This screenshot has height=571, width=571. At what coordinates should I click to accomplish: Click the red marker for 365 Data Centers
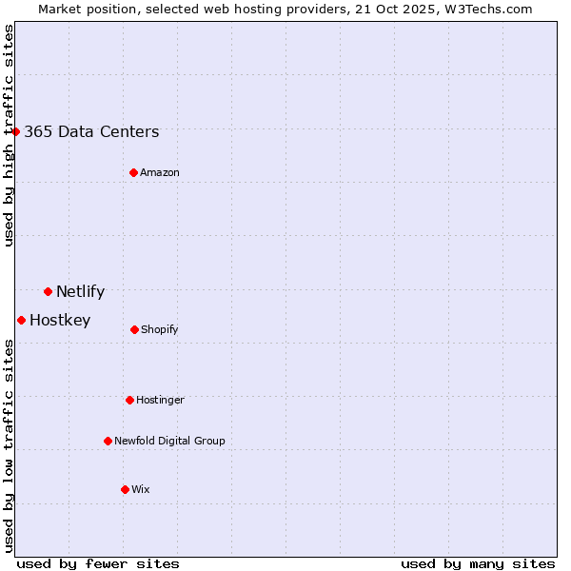click(x=16, y=131)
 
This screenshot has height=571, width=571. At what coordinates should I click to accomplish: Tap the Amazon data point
click(x=133, y=172)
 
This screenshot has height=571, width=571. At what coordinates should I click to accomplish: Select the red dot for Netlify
click(x=48, y=291)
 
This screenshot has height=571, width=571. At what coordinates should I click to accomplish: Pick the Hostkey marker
click(x=21, y=320)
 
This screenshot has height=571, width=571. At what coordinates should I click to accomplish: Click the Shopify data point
click(x=134, y=329)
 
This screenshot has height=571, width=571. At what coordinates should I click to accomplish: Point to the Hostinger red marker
click(x=129, y=400)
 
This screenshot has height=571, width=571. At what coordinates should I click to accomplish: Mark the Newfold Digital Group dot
click(x=108, y=441)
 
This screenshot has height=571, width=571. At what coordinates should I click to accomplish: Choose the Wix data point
click(x=125, y=489)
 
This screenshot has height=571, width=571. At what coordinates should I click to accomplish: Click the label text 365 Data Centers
click(x=91, y=132)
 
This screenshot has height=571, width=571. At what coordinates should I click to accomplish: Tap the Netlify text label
click(x=80, y=292)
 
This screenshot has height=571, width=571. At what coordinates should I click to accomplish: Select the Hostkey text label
click(x=60, y=321)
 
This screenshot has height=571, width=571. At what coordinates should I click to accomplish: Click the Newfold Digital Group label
click(x=169, y=442)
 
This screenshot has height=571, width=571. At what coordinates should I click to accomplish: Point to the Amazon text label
click(x=160, y=173)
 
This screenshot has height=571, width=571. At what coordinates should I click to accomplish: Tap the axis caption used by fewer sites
click(x=98, y=563)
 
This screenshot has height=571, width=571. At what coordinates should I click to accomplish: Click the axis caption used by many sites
click(x=478, y=563)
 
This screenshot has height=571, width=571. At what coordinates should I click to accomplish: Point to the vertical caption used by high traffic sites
click(x=9, y=135)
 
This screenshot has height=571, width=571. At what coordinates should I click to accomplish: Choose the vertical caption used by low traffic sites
click(x=9, y=444)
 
